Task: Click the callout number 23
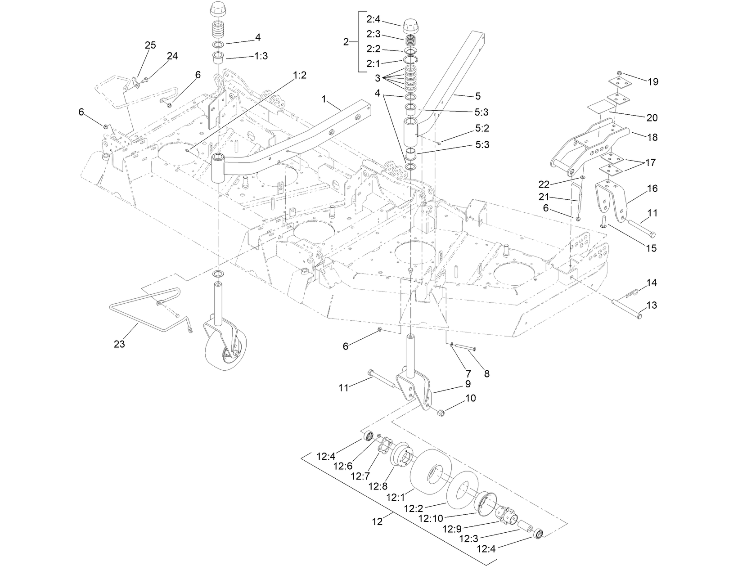(x=119, y=344)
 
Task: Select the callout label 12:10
(x=430, y=518)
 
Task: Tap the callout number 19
(x=653, y=82)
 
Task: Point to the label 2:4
(x=373, y=19)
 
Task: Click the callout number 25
(x=150, y=45)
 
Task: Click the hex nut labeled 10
(x=441, y=412)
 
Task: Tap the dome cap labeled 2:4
(x=410, y=26)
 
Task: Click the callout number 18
(x=652, y=137)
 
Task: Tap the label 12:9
(x=454, y=528)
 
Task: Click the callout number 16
(x=652, y=189)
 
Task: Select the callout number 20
(x=652, y=118)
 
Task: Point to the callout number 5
(x=477, y=96)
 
